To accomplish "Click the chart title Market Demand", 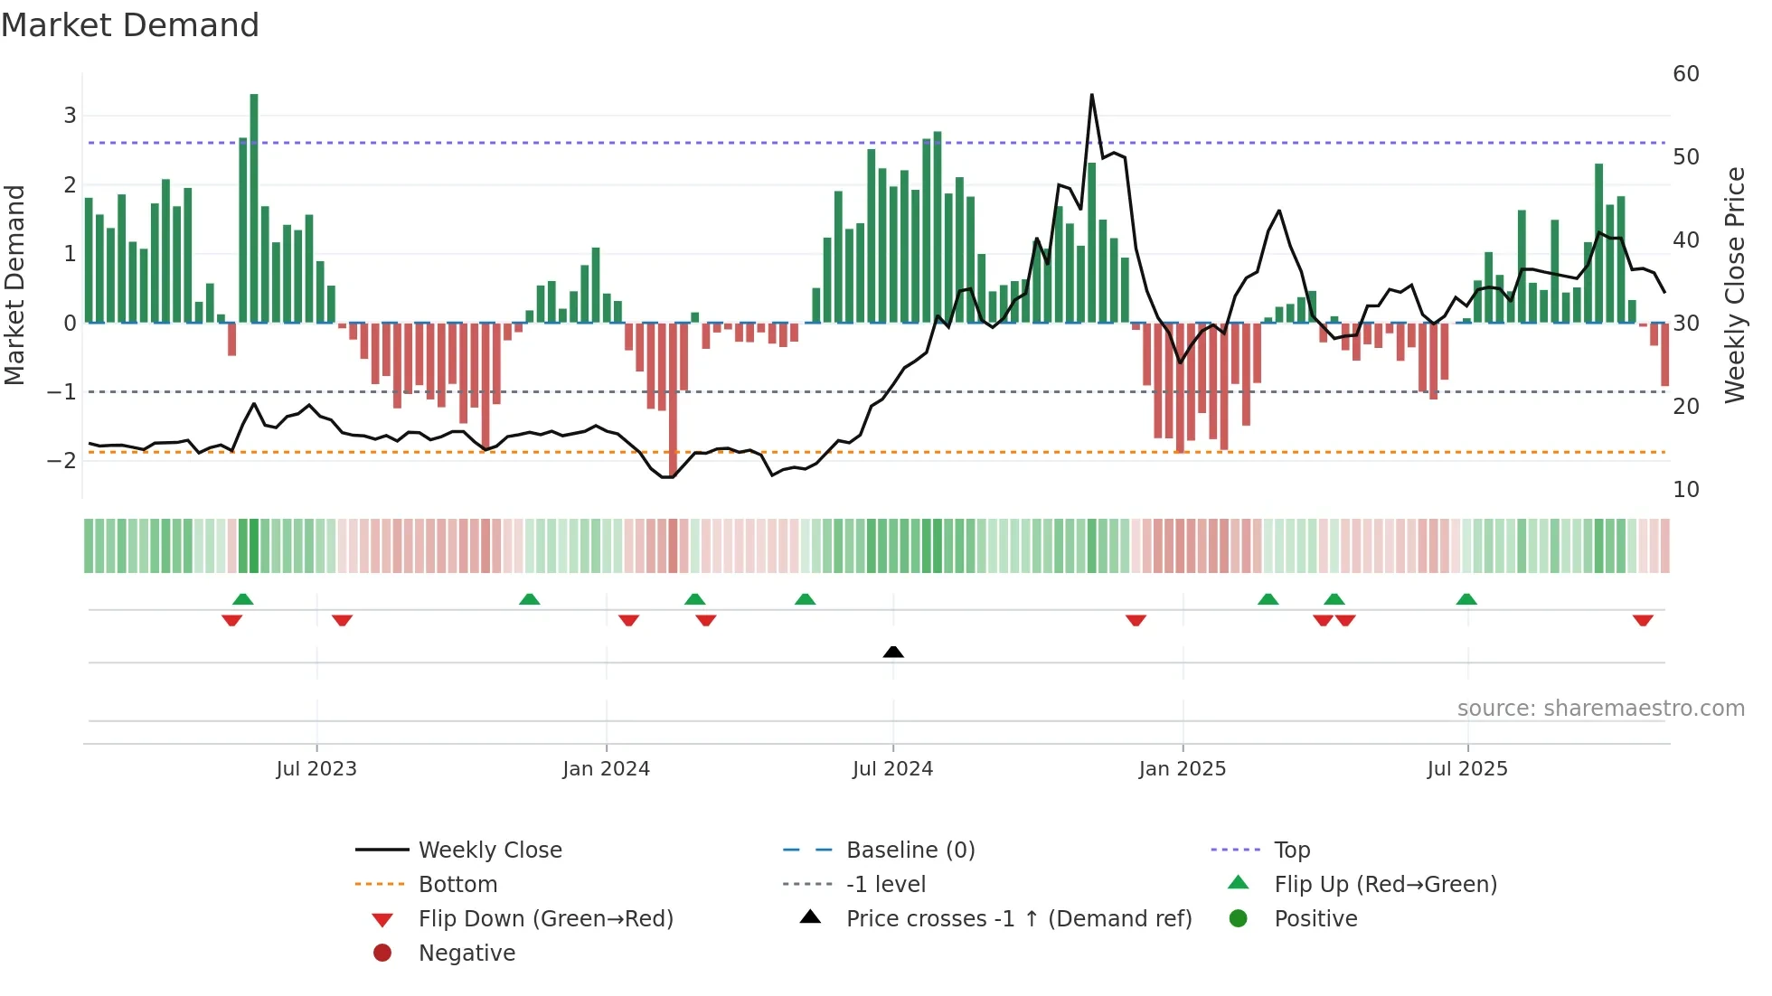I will point(130,25).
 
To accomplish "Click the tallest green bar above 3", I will point(254,208).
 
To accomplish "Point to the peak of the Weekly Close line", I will point(1092,95).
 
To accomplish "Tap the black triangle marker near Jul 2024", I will point(893,652).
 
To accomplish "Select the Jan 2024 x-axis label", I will point(606,769).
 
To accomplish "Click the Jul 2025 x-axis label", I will point(1467,769).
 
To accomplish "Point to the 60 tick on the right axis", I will point(1686,74).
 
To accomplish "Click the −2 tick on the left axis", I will point(61,460).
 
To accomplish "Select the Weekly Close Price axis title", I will point(1734,285).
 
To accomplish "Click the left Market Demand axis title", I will point(14,285).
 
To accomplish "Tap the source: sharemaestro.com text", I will point(1600,709).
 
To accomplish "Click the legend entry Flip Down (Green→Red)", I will point(545,919).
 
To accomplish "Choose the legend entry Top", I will point(1292,850).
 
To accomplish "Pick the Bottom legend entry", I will point(457,885).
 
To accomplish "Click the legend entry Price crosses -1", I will point(1018,919).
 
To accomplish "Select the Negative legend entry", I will point(467,954).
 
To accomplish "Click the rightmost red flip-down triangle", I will point(1643,620).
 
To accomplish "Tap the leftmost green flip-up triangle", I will point(242,599).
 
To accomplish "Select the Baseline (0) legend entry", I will point(910,850).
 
